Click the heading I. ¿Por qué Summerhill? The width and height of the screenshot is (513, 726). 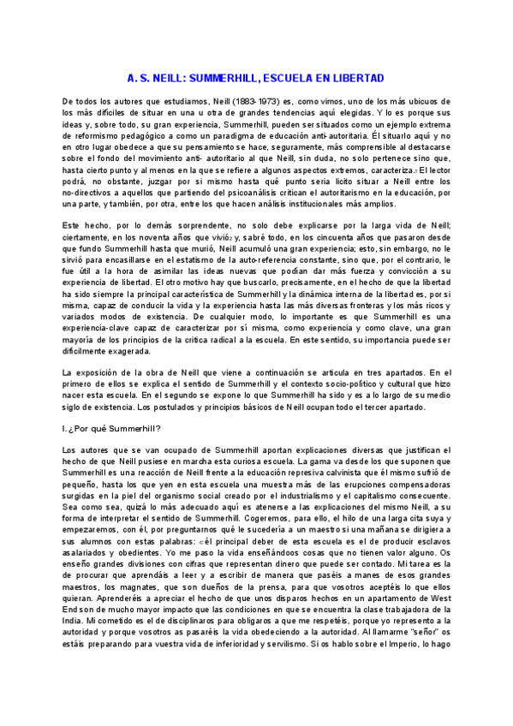[112, 428]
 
